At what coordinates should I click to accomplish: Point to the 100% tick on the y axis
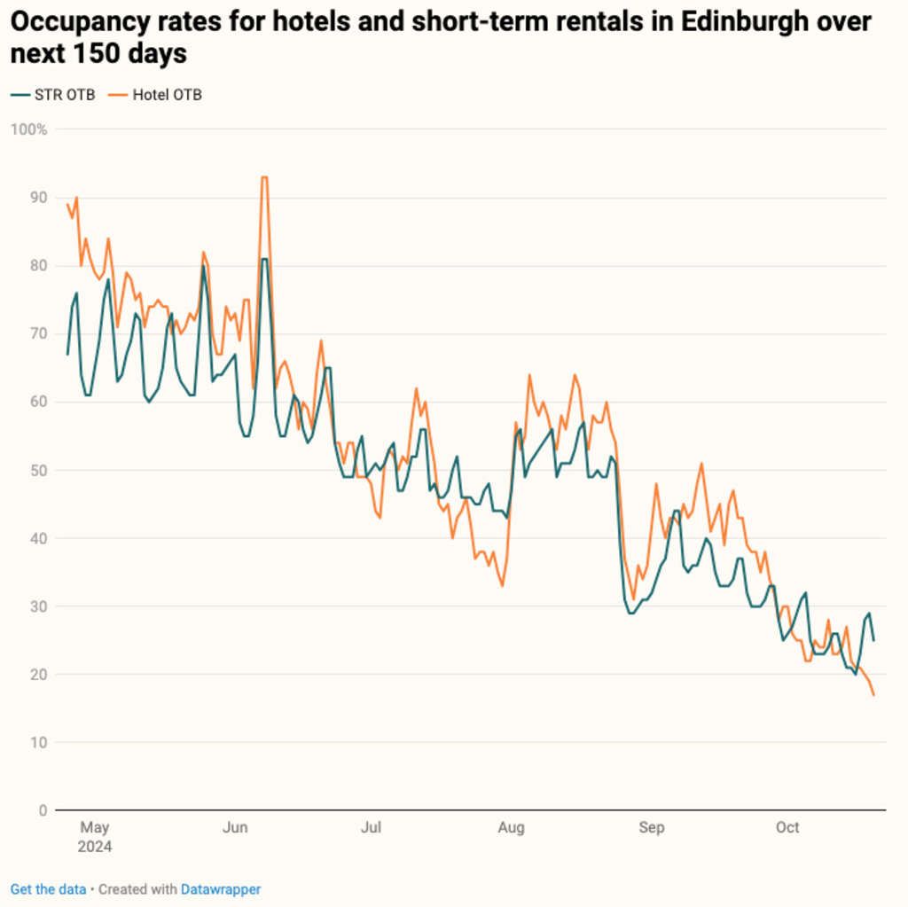[x=28, y=129]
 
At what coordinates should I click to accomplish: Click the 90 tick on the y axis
[x=38, y=198]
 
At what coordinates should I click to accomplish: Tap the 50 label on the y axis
[x=38, y=470]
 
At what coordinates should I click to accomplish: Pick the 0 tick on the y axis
[x=42, y=810]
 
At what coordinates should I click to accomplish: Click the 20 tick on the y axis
[x=38, y=675]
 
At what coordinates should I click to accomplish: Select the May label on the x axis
[x=94, y=828]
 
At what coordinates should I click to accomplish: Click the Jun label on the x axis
[x=235, y=828]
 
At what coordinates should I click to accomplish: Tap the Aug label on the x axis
[x=511, y=828]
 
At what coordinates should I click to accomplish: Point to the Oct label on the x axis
[x=787, y=828]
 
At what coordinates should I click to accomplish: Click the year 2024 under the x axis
[x=94, y=847]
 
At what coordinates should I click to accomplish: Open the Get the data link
[x=48, y=889]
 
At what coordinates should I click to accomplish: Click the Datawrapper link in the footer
[x=221, y=889]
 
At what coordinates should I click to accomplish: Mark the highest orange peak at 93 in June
[x=263, y=177]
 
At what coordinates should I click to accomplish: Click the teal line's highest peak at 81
[x=264, y=259]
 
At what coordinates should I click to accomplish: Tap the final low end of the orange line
[x=873, y=694]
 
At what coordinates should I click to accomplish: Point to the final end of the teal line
[x=873, y=640]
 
